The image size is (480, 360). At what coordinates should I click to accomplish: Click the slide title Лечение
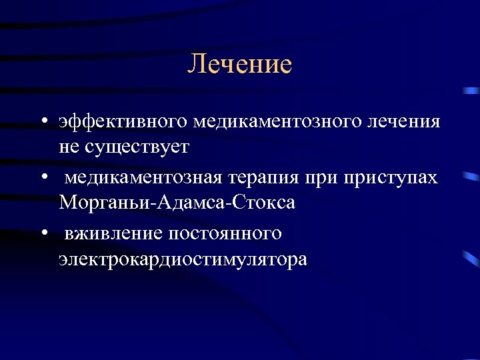tap(240, 65)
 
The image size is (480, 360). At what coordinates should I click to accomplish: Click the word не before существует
tap(69, 147)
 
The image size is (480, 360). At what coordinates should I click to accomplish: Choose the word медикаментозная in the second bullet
tap(144, 179)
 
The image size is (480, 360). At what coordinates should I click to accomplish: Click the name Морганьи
tap(106, 202)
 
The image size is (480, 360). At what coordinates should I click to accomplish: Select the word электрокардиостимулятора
tap(183, 258)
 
